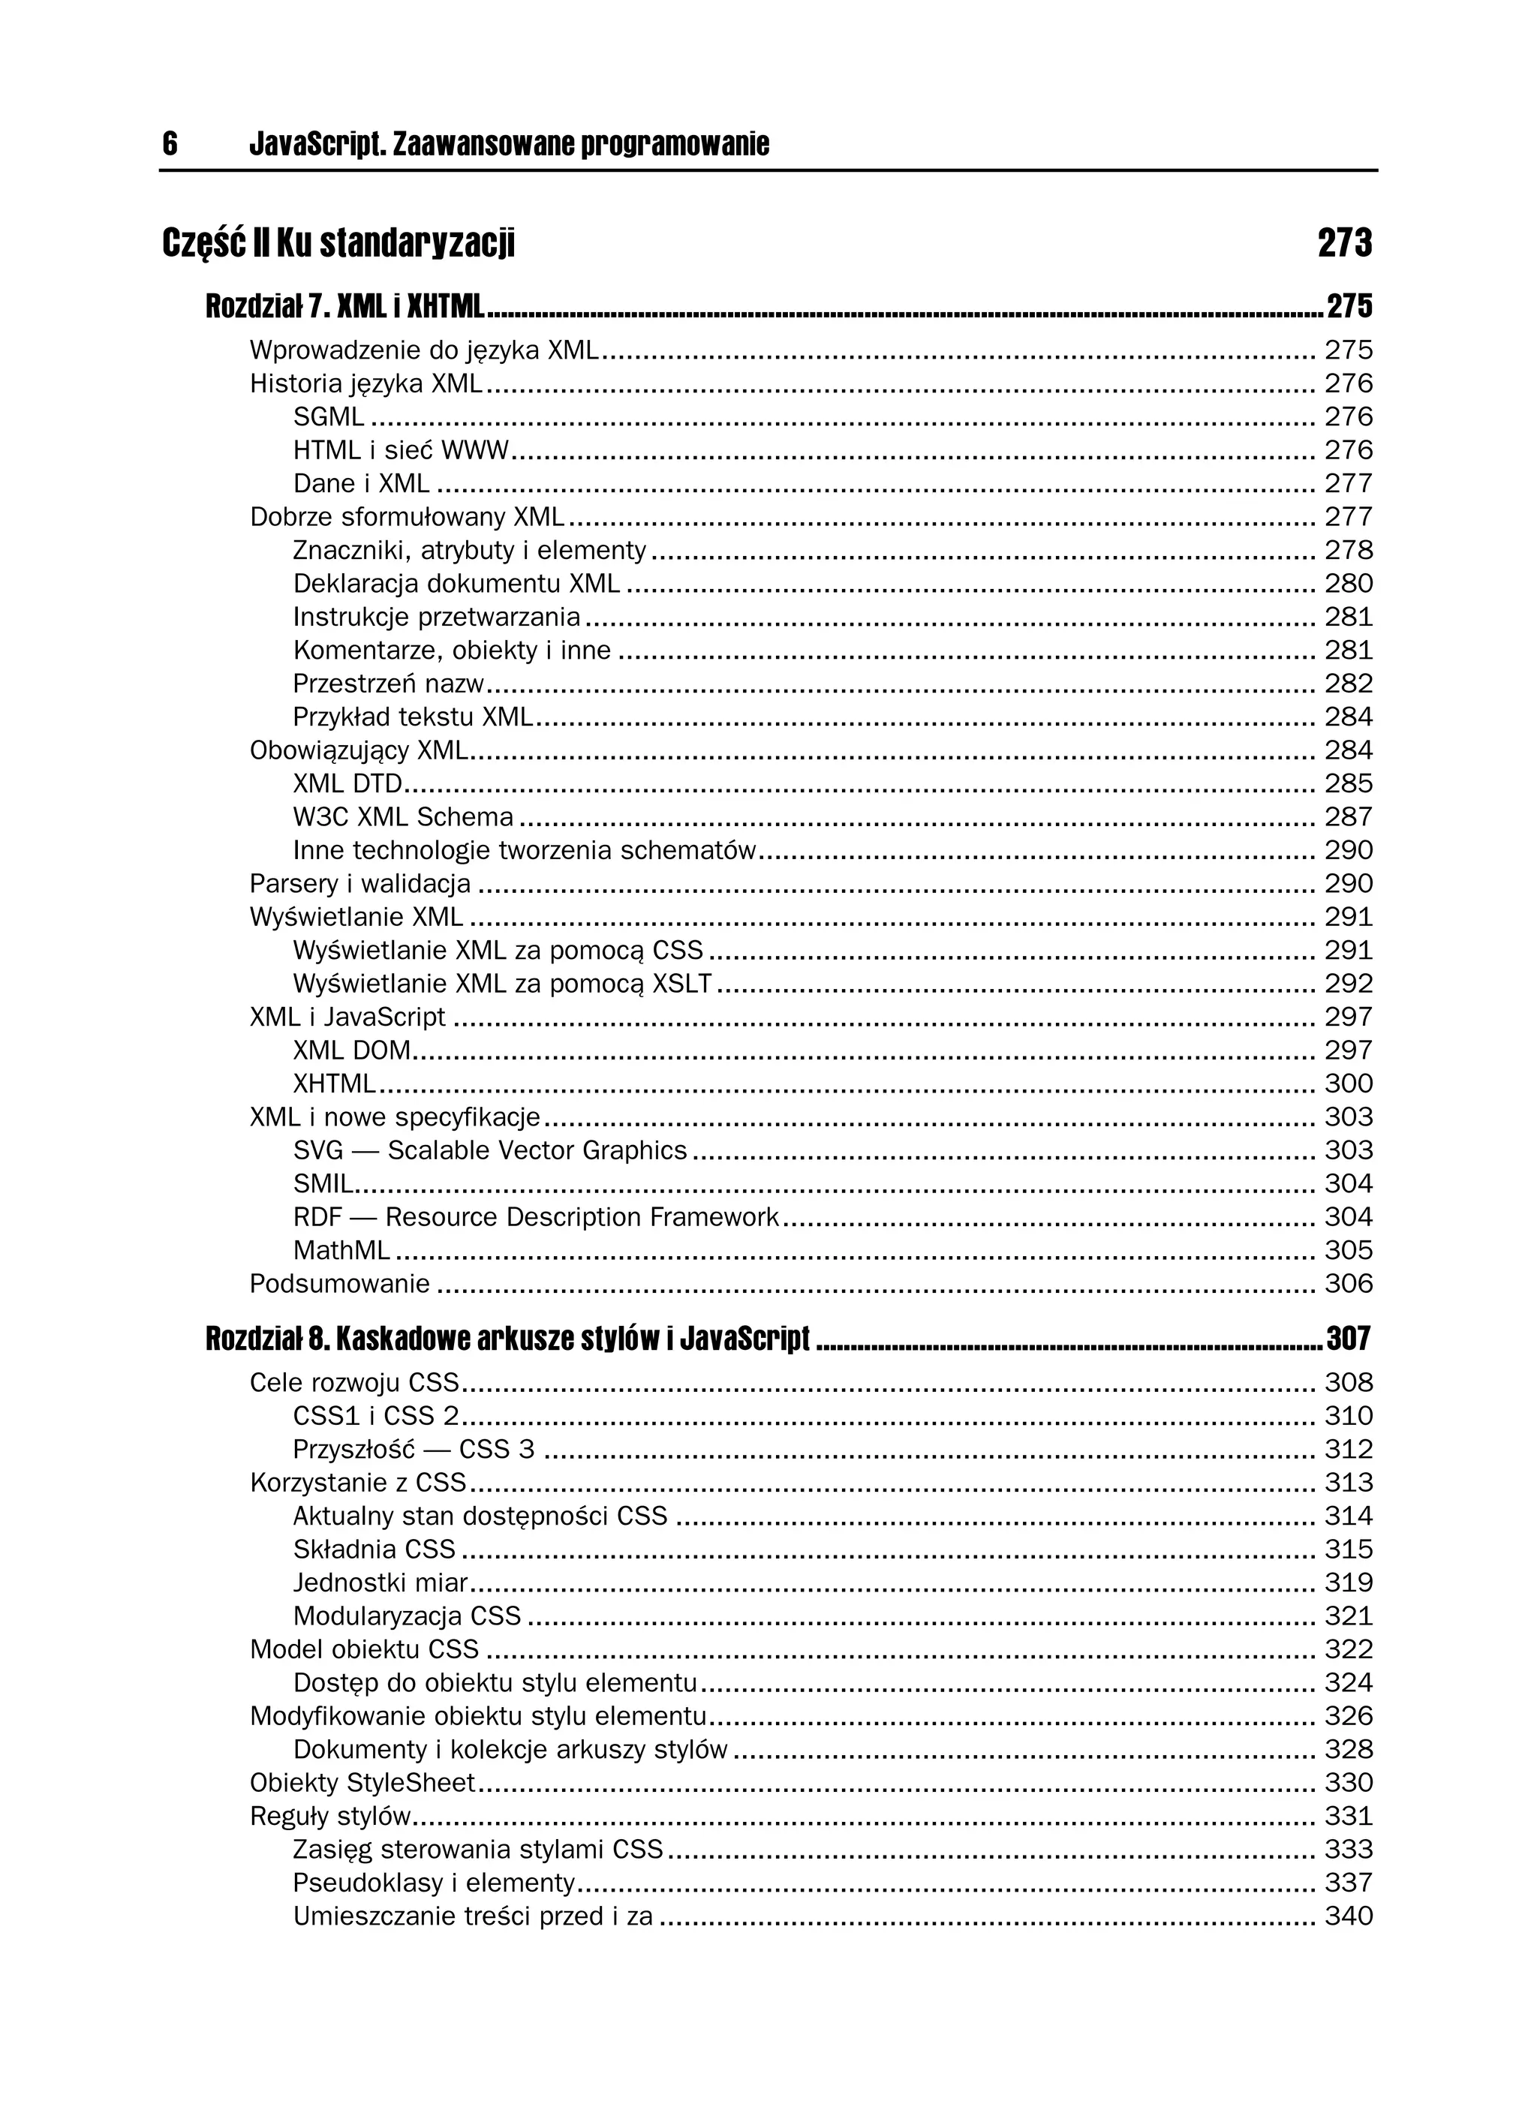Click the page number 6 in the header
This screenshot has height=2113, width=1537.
(170, 144)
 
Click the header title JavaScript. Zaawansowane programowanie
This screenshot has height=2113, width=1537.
(509, 144)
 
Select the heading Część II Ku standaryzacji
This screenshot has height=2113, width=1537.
(338, 243)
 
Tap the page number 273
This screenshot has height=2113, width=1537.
(1344, 243)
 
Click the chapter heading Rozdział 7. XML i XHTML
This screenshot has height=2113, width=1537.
(345, 305)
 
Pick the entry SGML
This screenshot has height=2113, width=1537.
(328, 416)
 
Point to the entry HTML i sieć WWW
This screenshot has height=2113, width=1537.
(401, 450)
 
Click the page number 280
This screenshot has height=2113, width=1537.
(1348, 583)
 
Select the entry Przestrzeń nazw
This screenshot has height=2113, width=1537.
(389, 684)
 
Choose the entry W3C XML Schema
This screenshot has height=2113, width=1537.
(403, 817)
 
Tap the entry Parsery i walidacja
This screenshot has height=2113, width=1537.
(359, 883)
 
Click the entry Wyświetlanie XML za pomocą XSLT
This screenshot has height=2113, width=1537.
(501, 984)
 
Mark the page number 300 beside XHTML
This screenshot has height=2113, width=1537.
(1348, 1084)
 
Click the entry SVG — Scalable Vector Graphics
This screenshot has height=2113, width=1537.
(489, 1150)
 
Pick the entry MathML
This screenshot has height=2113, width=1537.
(341, 1250)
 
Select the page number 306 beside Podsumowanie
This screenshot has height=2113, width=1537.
(1348, 1284)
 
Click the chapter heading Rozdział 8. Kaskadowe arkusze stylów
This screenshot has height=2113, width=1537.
(507, 1339)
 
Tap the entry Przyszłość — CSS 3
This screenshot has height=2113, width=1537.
(414, 1450)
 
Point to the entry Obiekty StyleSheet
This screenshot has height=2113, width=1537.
(362, 1782)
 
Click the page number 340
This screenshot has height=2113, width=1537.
(1348, 1916)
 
